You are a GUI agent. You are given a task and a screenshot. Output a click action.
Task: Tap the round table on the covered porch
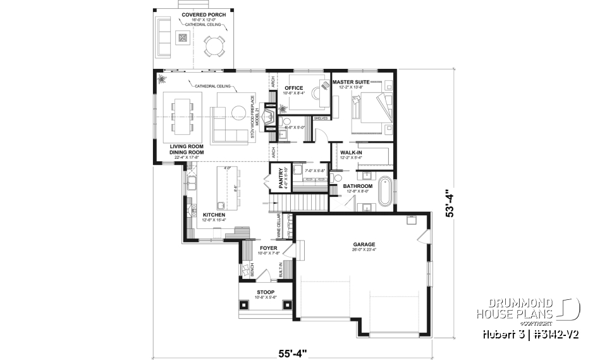213,46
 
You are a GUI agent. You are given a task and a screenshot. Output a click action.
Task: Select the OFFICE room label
294,88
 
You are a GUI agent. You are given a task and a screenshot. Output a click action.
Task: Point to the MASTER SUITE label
352,82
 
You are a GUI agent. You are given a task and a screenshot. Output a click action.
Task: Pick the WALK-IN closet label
351,153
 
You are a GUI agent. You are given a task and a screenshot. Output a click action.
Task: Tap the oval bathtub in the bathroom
384,192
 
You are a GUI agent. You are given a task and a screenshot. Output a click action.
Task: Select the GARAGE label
365,244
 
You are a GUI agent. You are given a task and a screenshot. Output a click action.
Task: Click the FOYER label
269,248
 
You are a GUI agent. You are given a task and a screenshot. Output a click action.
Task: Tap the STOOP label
265,292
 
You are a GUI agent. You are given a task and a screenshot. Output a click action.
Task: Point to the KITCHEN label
214,215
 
